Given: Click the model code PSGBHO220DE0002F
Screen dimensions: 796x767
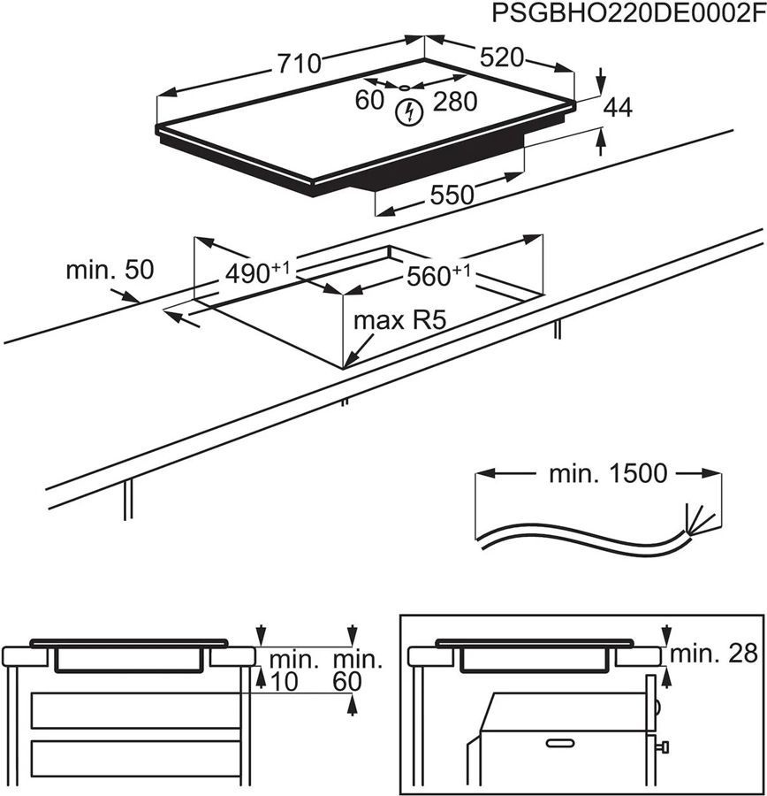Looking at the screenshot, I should [x=625, y=15].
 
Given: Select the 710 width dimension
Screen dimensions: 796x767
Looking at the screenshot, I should [x=298, y=64].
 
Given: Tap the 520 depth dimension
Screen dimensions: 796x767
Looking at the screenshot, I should [x=501, y=58].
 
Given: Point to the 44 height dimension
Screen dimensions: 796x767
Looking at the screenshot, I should [x=619, y=108].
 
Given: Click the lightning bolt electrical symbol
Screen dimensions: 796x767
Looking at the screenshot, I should [x=408, y=112].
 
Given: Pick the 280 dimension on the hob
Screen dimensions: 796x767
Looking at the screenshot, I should [x=456, y=102].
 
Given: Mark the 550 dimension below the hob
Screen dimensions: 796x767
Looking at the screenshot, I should [x=452, y=195].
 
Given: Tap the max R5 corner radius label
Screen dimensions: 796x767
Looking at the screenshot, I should [x=396, y=320].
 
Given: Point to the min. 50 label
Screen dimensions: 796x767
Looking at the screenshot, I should [x=110, y=270].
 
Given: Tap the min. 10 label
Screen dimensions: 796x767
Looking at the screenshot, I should [x=292, y=670].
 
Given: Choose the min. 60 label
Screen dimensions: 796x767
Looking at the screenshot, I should [x=357, y=670].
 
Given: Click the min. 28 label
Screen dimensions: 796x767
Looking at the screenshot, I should [x=714, y=654].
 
